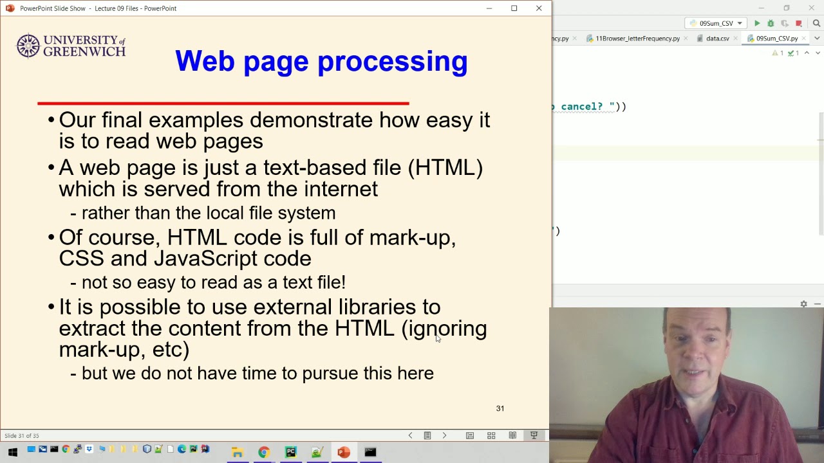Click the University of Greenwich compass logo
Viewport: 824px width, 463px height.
coord(28,46)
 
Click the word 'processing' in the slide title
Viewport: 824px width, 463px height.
coord(393,61)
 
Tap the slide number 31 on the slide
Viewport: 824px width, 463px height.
coord(500,408)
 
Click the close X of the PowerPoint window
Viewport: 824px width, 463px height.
coord(539,8)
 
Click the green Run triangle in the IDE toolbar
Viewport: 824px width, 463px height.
coord(757,23)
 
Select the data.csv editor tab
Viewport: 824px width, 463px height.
coord(717,38)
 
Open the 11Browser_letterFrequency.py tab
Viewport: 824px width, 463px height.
coord(637,38)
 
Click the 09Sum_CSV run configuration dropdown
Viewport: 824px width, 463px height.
coord(715,23)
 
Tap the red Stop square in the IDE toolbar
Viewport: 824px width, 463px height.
coord(799,24)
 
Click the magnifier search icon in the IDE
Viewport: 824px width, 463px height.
coord(816,23)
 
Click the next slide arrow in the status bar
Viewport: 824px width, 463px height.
coord(444,435)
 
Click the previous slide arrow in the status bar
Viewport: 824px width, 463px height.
coord(411,435)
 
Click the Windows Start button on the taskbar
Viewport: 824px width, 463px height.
coord(13,451)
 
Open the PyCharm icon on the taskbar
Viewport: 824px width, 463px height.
coord(290,451)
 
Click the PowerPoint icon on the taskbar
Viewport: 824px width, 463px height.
coord(344,451)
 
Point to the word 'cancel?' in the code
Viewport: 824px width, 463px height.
coord(582,107)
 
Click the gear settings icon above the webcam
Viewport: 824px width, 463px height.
coord(804,304)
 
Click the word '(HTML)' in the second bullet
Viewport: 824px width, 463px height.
coord(445,168)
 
